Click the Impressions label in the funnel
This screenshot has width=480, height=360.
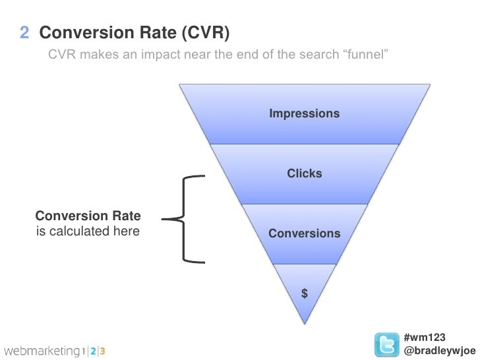304,113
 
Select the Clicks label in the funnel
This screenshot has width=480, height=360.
304,173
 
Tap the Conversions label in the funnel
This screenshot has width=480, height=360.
304,233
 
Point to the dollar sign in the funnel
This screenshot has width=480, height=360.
304,294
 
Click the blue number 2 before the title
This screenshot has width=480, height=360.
24,32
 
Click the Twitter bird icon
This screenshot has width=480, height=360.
387,345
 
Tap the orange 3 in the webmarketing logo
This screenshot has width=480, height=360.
103,350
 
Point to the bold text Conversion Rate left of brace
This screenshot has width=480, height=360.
88,216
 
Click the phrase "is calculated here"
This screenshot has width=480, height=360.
88,231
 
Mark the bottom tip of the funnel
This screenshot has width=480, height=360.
304,322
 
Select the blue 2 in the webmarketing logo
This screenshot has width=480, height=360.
93,350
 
